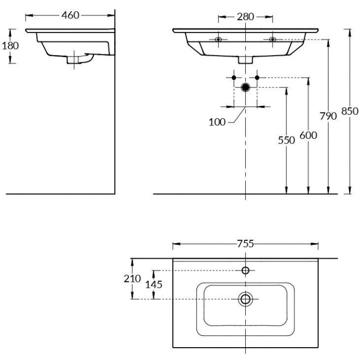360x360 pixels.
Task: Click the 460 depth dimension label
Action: click(x=70, y=15)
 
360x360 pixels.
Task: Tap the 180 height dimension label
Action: click(x=10, y=45)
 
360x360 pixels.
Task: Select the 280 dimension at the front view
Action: click(x=245, y=16)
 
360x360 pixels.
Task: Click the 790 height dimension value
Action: click(x=328, y=116)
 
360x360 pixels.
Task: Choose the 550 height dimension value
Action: click(x=286, y=140)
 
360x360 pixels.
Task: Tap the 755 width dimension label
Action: click(x=245, y=244)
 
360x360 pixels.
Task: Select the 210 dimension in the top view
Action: click(x=133, y=278)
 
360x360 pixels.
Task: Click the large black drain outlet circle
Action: click(x=245, y=87)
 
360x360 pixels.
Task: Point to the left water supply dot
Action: click(x=233, y=78)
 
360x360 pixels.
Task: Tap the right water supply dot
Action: click(x=257, y=78)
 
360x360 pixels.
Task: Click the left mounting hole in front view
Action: click(x=219, y=39)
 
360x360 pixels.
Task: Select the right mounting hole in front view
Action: click(x=273, y=39)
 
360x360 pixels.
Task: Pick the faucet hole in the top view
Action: click(x=245, y=271)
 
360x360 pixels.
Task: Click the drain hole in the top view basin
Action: click(x=245, y=298)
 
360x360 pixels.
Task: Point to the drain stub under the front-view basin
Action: click(x=245, y=59)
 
